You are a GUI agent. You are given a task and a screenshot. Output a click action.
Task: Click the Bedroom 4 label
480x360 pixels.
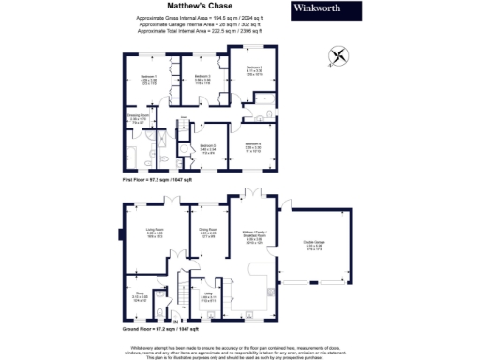pos(253,144)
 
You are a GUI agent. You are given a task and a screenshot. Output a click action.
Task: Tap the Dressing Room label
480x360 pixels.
pos(137,117)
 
